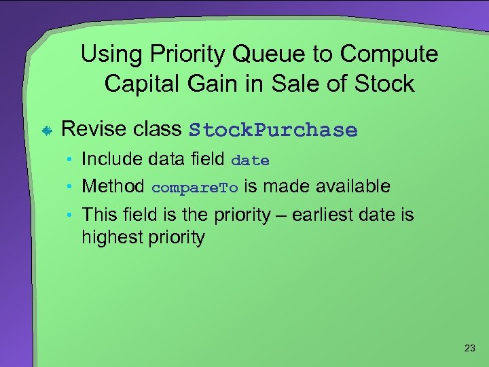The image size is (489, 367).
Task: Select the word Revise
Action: click(92, 129)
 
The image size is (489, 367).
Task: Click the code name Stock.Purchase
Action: click(273, 130)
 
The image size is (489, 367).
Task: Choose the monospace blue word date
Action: click(250, 161)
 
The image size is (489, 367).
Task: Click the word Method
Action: click(113, 186)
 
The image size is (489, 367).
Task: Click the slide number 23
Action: click(469, 349)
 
